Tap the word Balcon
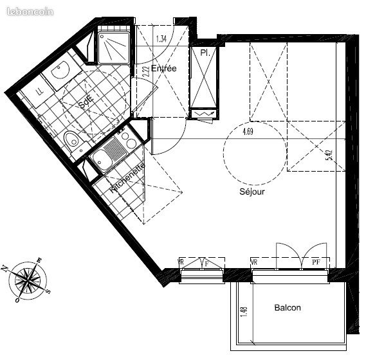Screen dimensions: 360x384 [x=288, y=308]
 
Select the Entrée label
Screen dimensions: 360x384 [x=164, y=69]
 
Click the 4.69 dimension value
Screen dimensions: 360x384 [x=248, y=132]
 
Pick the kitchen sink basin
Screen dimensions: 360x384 [x=104, y=157]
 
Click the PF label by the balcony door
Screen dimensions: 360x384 [x=316, y=262]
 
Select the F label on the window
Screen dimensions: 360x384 [x=206, y=262]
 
